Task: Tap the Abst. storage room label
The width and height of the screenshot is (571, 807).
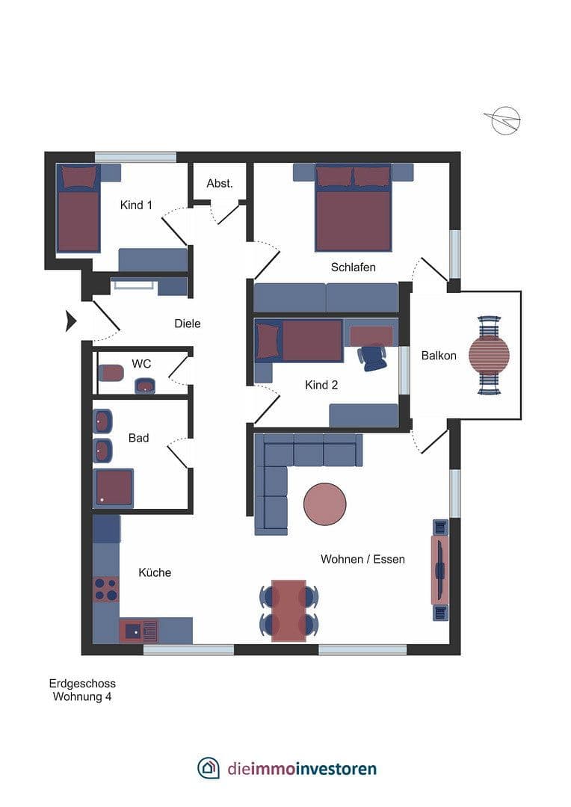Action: pos(220,183)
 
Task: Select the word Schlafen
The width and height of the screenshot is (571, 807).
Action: pos(353,267)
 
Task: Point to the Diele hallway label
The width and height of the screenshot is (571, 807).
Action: pos(187,324)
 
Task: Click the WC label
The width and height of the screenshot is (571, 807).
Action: pos(141,364)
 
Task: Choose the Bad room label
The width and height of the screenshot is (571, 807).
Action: pos(138,438)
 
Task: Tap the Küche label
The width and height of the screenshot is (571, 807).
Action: pos(155,572)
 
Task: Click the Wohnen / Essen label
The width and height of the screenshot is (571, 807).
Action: pos(362,559)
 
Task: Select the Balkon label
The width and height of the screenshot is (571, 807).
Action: pos(438,356)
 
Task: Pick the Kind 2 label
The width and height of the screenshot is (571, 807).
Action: pos(322,385)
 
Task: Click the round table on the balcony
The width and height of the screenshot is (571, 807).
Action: pos(489,354)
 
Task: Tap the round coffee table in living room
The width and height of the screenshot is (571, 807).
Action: pos(324,504)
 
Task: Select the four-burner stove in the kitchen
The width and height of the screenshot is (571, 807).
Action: pos(105,589)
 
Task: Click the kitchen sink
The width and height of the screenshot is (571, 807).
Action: pos(138,630)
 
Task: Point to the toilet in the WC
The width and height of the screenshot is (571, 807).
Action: pos(111,371)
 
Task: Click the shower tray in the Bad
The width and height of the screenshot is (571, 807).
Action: pos(114,487)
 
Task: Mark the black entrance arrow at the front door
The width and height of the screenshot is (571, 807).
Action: pos(71,321)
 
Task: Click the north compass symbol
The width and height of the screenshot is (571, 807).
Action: pos(504,120)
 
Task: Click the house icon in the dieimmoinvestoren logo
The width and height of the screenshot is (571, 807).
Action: pos(209,767)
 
